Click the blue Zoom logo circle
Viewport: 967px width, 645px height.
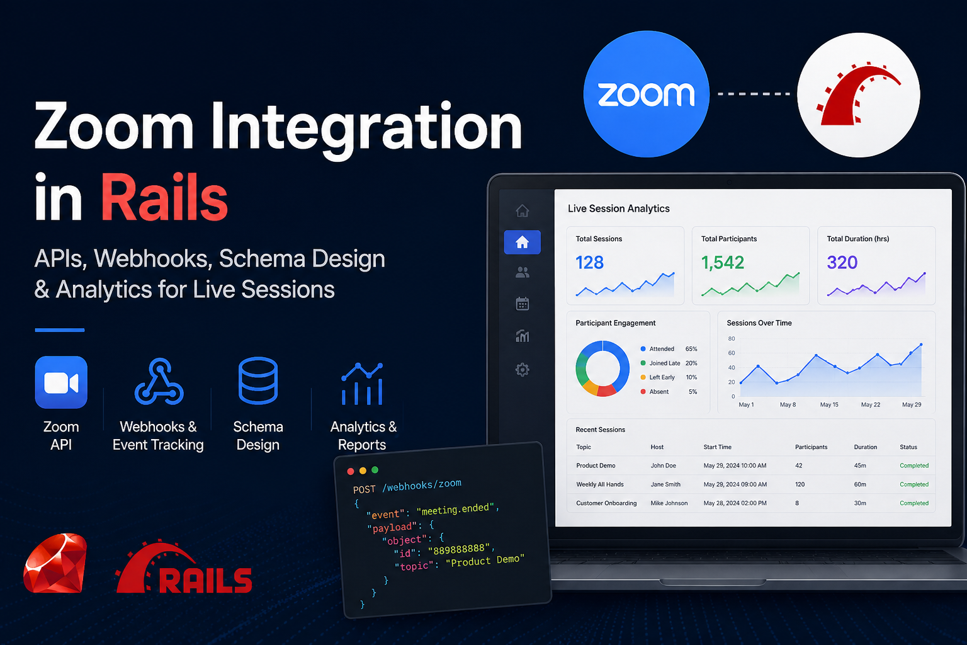click(x=646, y=94)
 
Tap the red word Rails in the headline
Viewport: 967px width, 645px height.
click(x=164, y=197)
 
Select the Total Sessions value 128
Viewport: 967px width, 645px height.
click(x=590, y=262)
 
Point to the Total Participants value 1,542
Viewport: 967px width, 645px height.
click(x=723, y=262)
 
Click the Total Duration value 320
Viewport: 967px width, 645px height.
click(x=842, y=262)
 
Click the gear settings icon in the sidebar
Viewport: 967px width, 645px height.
click(x=523, y=369)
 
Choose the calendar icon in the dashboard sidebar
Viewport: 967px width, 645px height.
click(x=523, y=304)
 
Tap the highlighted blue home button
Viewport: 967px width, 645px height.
click(x=523, y=243)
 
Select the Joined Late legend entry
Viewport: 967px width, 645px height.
click(x=669, y=363)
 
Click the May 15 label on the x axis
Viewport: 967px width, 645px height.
click(x=829, y=405)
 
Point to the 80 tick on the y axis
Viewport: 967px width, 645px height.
click(x=732, y=339)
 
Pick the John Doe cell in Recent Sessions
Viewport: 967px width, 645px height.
click(x=663, y=465)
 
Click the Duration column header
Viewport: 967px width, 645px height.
click(x=865, y=447)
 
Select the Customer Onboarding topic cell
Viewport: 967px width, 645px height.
click(x=606, y=503)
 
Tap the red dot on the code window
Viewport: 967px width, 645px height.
click(x=351, y=471)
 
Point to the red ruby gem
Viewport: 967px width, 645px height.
click(x=55, y=563)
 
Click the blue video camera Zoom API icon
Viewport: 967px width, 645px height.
click(x=61, y=382)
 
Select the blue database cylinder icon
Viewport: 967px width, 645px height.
click(x=257, y=380)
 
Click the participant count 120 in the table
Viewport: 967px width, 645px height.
click(x=800, y=485)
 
